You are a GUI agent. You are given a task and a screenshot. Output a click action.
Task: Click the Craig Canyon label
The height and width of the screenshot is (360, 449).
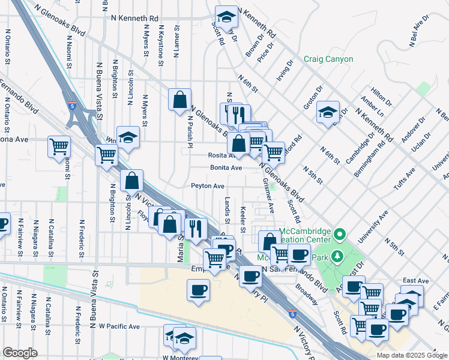(x=328, y=59)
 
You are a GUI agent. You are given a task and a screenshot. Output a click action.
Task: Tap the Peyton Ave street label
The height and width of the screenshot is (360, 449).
(x=208, y=186)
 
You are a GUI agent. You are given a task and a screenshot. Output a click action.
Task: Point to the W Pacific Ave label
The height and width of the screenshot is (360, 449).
(x=119, y=326)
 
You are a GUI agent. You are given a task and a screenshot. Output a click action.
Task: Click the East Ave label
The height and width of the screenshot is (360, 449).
(x=415, y=280)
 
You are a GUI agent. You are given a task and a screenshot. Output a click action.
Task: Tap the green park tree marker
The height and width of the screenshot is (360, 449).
(x=338, y=256)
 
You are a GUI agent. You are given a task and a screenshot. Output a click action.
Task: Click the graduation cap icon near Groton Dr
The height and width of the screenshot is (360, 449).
(x=328, y=112)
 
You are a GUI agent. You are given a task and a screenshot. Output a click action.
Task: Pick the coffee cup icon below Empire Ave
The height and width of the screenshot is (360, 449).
(x=199, y=291)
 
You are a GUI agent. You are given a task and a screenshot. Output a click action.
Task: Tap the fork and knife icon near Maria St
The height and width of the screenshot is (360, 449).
(x=195, y=227)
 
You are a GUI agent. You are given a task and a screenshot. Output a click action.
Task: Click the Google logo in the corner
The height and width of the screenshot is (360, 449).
(x=20, y=352)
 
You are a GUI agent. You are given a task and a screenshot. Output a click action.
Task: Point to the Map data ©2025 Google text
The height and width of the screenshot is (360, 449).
(x=411, y=355)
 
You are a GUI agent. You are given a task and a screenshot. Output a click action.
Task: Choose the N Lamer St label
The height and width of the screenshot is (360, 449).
(x=177, y=41)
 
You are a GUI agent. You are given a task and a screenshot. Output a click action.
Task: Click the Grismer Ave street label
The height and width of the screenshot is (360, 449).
(x=268, y=198)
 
